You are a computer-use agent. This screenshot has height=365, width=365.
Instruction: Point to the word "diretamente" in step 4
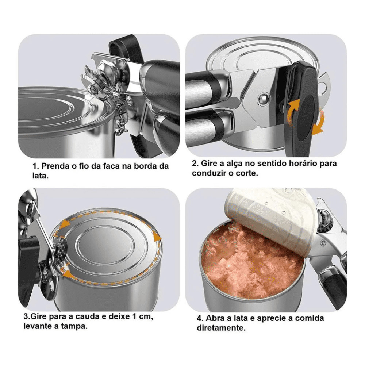(x=221, y=328)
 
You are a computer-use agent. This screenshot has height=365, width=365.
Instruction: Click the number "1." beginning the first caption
(x=36, y=166)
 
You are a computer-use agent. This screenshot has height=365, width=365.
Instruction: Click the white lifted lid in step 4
(x=270, y=216)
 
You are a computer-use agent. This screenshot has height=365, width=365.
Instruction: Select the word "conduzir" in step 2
(x=209, y=173)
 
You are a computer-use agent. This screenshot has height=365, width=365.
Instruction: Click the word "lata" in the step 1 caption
(x=40, y=176)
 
